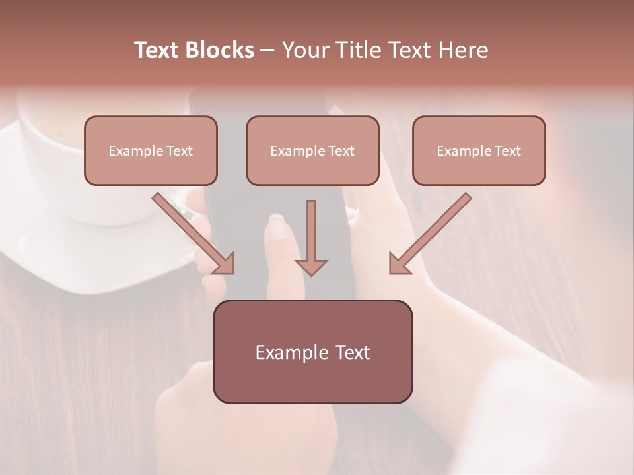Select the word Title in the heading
point(359,50)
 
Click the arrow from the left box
point(194,234)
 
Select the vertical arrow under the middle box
point(311,231)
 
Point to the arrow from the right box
point(430,234)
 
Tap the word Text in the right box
point(508,151)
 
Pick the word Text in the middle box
point(341,151)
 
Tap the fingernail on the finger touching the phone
point(277,228)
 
